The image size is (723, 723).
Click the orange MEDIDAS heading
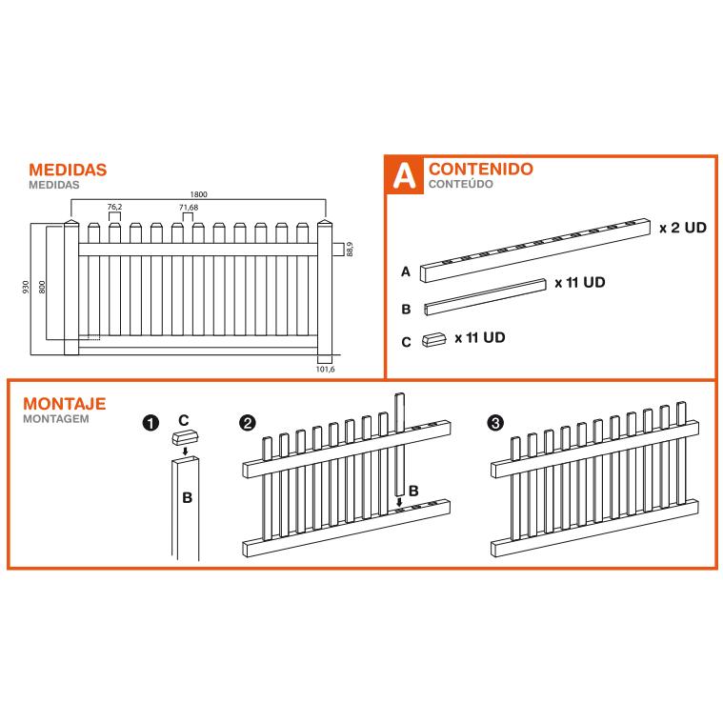point(68,170)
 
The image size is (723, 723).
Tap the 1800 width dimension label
point(198,194)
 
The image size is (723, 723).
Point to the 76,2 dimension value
point(114,207)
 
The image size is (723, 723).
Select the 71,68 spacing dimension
point(189,208)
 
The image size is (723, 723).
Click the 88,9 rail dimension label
point(350,249)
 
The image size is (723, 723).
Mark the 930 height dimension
point(26,287)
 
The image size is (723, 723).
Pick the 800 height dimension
point(42,287)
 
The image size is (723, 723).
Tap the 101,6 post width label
point(325,370)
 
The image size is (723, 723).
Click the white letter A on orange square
point(404,175)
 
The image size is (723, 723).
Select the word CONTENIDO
point(481,169)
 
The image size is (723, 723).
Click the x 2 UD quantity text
point(683,228)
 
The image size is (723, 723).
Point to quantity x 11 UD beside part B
point(579,282)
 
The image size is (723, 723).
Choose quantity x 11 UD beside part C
point(479,337)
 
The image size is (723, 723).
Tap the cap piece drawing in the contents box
point(433,340)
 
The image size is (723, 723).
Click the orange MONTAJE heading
point(65,404)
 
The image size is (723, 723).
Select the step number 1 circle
point(151,423)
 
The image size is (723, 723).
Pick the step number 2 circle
point(248,423)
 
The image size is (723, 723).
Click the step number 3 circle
point(495,423)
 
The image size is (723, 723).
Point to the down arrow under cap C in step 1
point(186,451)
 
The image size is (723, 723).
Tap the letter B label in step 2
point(413,492)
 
